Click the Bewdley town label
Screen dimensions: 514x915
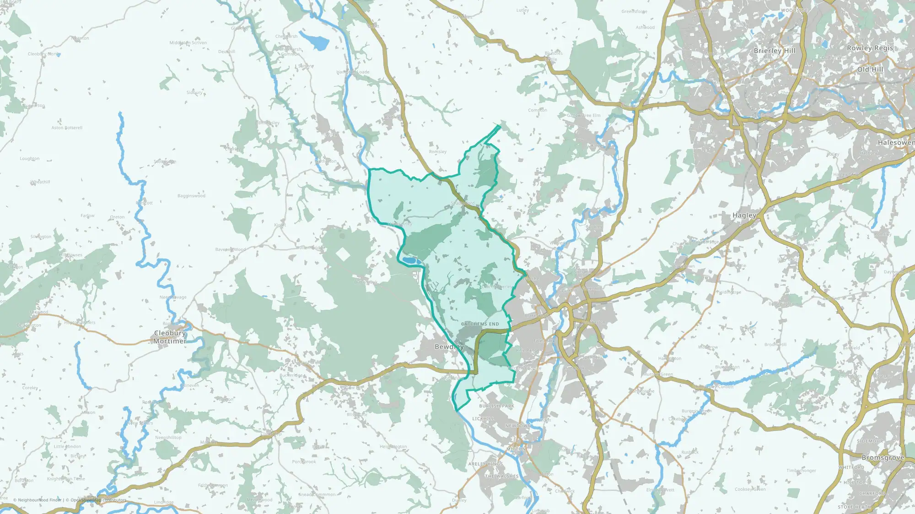coord(449,347)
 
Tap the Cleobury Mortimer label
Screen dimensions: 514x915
coord(170,337)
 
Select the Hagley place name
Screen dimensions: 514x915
coord(744,215)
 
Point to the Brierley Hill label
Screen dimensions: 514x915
coord(775,51)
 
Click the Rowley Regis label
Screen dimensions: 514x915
coord(870,48)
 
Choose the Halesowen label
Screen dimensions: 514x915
coord(895,143)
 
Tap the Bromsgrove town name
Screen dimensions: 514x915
coord(883,458)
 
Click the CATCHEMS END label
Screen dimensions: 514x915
coord(480,324)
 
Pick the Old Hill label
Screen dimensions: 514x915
coord(870,69)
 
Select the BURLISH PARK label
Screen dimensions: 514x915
coord(496,406)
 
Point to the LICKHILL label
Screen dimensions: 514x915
coord(483,419)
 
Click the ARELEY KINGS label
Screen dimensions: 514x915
coord(485,464)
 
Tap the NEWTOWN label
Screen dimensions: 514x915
coord(518,426)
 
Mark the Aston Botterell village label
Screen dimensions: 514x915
coord(67,128)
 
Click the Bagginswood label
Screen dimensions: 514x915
coord(191,196)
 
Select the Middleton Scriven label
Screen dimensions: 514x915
coord(188,43)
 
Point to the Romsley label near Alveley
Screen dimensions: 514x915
coord(437,152)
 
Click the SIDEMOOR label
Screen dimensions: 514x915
coord(870,441)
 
